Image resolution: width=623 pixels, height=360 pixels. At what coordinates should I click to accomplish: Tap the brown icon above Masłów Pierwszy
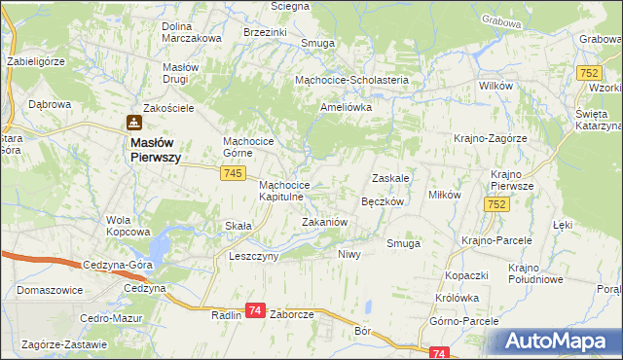[x=133, y=123]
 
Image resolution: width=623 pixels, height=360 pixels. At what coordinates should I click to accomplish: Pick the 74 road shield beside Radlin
[x=255, y=309]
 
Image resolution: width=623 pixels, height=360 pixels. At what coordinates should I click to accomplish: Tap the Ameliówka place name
[x=348, y=107]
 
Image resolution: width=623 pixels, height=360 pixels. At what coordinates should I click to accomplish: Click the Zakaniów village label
[x=324, y=222]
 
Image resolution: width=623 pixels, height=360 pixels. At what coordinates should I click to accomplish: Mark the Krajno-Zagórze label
[x=490, y=138]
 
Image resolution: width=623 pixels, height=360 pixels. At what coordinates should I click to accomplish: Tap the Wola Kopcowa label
[x=128, y=226]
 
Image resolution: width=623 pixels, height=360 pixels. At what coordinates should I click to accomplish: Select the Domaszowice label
[x=49, y=290]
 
